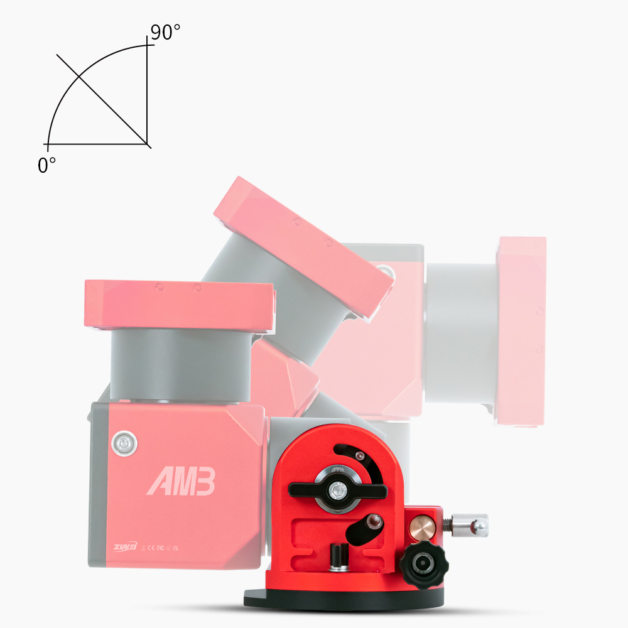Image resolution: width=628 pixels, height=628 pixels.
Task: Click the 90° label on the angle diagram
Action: [x=165, y=33]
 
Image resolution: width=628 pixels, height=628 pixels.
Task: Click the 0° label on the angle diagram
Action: [x=46, y=165]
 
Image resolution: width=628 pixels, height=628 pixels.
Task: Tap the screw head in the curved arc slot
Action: [x=359, y=455]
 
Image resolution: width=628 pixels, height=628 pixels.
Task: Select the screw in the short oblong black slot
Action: [x=375, y=521]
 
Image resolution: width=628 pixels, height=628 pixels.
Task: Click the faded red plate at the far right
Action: [x=521, y=333]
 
